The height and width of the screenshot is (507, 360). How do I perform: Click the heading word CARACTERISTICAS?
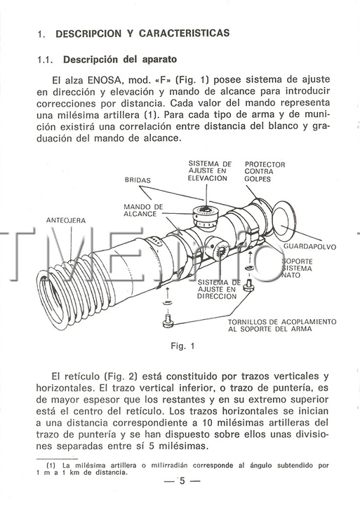pos(185,33)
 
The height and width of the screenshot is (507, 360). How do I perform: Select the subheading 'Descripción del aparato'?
pos(120,60)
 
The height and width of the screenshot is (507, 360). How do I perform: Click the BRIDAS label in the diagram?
pos(138,180)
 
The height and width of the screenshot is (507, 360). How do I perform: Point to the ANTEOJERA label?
pos(66,220)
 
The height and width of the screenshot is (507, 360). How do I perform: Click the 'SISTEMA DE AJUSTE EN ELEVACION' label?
pos(210,171)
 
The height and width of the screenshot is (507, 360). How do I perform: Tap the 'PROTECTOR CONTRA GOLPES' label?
pos(265,172)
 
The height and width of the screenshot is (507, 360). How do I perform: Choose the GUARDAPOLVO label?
pos(310,247)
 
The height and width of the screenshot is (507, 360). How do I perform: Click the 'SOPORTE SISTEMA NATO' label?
pos(297,268)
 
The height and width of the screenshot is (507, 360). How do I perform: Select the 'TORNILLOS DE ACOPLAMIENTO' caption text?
pos(282,322)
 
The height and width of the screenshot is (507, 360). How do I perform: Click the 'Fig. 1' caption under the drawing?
pos(182,346)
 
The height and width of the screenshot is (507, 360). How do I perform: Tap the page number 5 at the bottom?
pos(182,481)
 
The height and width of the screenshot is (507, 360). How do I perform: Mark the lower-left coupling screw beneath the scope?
pos(168,320)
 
